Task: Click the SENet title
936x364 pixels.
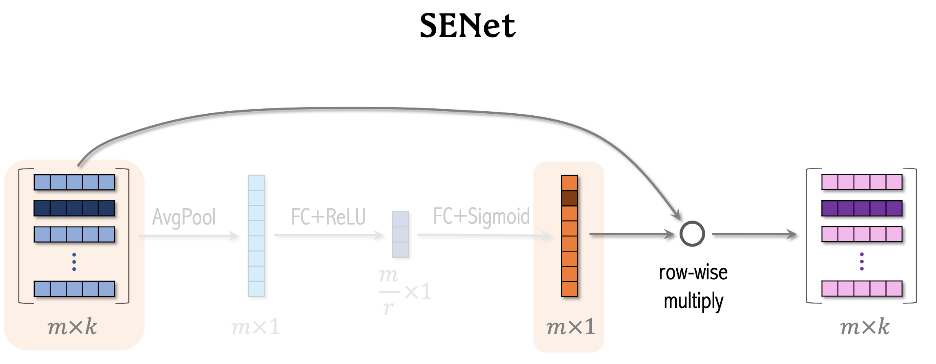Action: coord(468,26)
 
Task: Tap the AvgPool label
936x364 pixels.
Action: coord(184,217)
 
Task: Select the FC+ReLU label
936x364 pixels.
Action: coord(328,217)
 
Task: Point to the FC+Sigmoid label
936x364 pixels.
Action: coord(481,216)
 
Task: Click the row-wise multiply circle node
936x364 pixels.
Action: coord(692,234)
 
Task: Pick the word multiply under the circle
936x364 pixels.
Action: coord(693,301)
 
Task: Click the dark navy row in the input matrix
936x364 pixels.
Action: coord(74,208)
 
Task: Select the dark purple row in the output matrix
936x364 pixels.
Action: coord(862,208)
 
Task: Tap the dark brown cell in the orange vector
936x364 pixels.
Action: coord(570,198)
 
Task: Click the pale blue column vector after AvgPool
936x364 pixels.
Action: coord(256,236)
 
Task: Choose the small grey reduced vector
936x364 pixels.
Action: coord(401,234)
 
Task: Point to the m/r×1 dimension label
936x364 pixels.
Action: coord(404,291)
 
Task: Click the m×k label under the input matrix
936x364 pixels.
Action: coord(72,327)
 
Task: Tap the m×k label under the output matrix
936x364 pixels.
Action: coord(865,327)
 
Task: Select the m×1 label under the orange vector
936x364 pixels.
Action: coord(571,327)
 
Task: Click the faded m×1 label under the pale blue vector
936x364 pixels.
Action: coord(256,327)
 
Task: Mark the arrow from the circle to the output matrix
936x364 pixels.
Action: coord(754,234)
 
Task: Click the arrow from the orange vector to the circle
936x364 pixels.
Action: coord(631,234)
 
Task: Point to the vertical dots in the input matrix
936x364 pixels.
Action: coord(74,262)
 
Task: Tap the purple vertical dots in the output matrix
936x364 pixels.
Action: coord(862,261)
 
